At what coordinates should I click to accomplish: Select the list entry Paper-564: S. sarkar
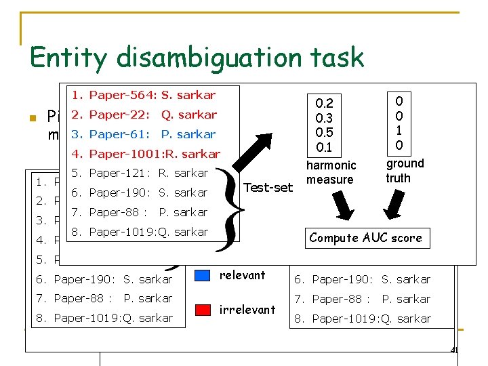point(143,95)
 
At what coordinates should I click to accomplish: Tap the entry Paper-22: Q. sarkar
point(144,115)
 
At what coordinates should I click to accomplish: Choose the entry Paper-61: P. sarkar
point(143,134)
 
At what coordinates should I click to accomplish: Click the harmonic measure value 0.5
point(325,132)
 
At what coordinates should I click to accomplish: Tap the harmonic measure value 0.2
point(325,103)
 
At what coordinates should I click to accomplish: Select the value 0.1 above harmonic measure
point(325,147)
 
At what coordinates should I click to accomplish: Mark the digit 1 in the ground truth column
point(399,131)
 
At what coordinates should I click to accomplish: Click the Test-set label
point(268,187)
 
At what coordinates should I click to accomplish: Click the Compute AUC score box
point(365,237)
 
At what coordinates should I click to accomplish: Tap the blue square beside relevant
point(203,275)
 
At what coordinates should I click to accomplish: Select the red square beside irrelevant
point(203,310)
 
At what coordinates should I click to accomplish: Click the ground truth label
point(405,170)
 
